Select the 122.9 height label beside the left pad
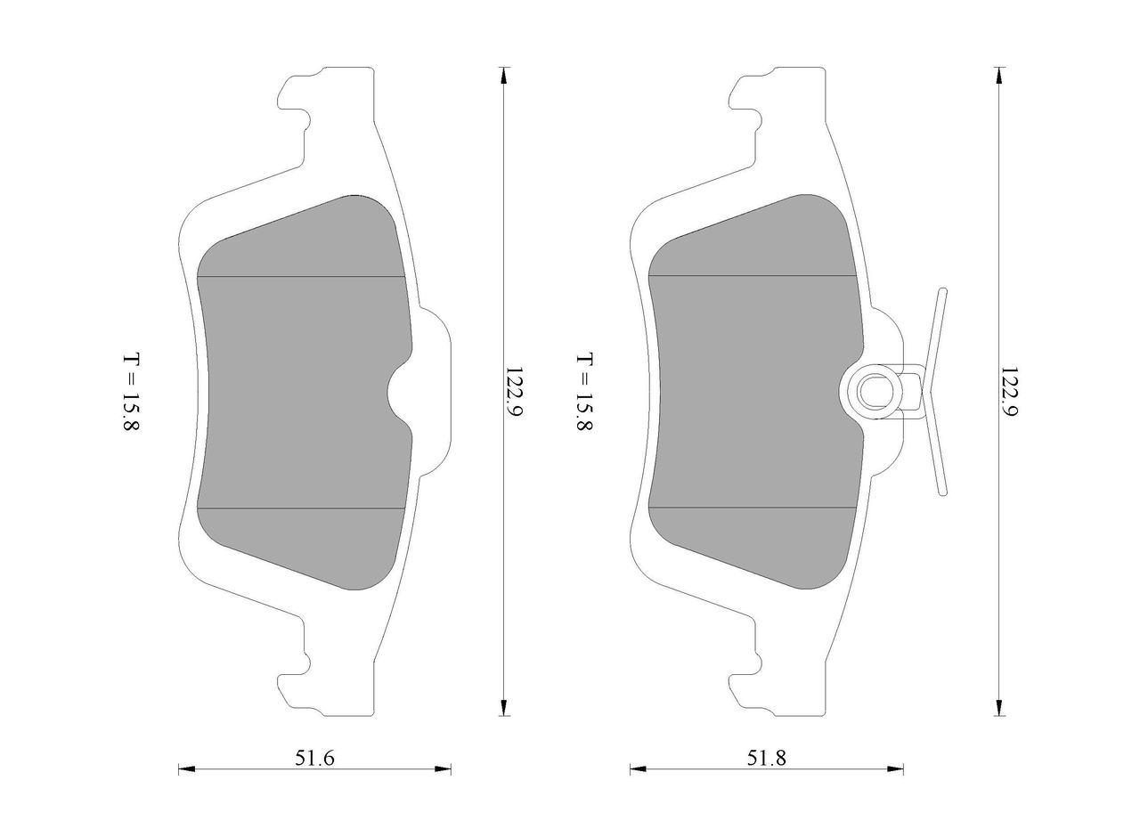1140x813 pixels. [514, 393]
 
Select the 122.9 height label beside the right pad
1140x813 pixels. [1008, 393]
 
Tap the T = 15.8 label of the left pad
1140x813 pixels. [130, 392]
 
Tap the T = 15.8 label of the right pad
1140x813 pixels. [583, 392]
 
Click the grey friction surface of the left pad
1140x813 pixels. [300, 393]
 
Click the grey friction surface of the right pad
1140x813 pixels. [753, 393]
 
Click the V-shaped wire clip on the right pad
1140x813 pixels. [932, 393]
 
